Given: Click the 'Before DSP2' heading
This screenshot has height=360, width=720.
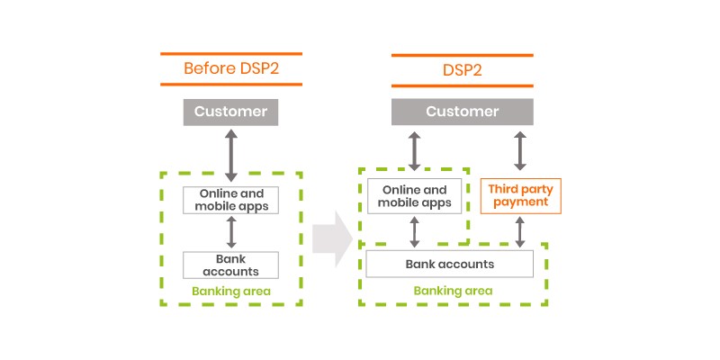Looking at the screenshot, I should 231,68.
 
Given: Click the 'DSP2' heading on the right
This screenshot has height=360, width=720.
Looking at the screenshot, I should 462,68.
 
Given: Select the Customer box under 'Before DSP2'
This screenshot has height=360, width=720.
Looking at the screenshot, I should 231,112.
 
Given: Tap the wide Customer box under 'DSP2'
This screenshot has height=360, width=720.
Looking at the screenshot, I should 462,112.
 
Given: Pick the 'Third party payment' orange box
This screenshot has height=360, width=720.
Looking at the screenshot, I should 520,195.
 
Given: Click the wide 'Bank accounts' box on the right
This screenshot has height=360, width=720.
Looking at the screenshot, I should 450,264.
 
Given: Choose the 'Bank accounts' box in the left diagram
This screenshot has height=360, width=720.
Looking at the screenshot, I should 231,265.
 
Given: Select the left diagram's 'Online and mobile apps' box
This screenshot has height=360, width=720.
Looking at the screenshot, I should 231,199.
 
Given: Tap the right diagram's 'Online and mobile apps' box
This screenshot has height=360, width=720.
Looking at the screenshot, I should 415,195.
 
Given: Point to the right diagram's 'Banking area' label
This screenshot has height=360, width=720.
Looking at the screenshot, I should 453,291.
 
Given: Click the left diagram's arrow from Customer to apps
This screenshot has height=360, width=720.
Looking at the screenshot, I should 231,155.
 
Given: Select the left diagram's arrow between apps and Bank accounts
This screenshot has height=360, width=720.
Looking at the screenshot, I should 231,232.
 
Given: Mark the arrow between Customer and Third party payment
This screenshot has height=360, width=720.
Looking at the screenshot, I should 520,150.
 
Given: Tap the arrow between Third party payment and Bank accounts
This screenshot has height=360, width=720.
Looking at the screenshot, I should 520,232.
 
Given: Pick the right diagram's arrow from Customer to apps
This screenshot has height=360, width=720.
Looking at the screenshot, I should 415,150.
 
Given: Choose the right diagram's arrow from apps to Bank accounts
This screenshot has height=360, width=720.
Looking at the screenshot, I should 415,232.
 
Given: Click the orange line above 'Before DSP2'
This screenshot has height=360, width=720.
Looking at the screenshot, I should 231,53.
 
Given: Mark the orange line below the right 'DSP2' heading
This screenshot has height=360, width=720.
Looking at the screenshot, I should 462,85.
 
